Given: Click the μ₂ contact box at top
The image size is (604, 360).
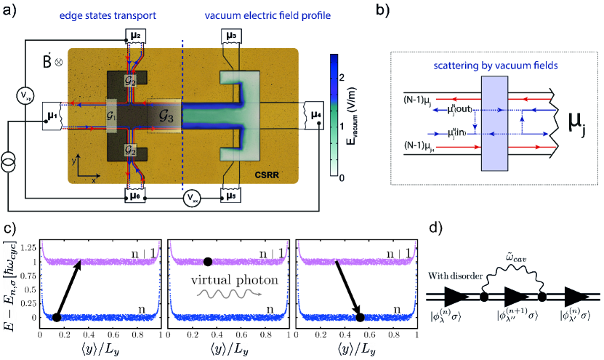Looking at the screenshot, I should click(x=137, y=35).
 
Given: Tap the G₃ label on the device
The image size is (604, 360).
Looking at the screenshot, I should click(x=166, y=113).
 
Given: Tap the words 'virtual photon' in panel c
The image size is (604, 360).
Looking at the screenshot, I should click(x=225, y=278).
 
